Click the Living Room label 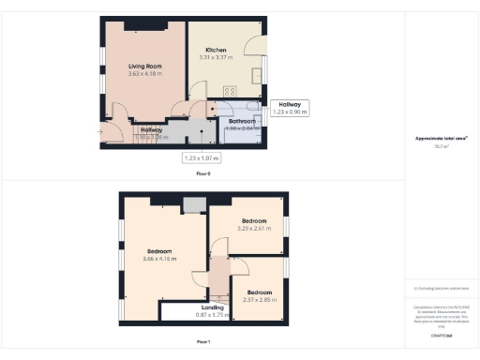145,66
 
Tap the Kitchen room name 217,50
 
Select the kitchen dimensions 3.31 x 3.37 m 217,57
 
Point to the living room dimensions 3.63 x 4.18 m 145,73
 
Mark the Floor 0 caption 202,174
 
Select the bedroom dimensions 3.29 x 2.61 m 253,229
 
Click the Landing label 212,307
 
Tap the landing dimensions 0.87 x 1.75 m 212,315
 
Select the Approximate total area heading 441,139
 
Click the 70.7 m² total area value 441,146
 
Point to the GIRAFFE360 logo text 441,335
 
